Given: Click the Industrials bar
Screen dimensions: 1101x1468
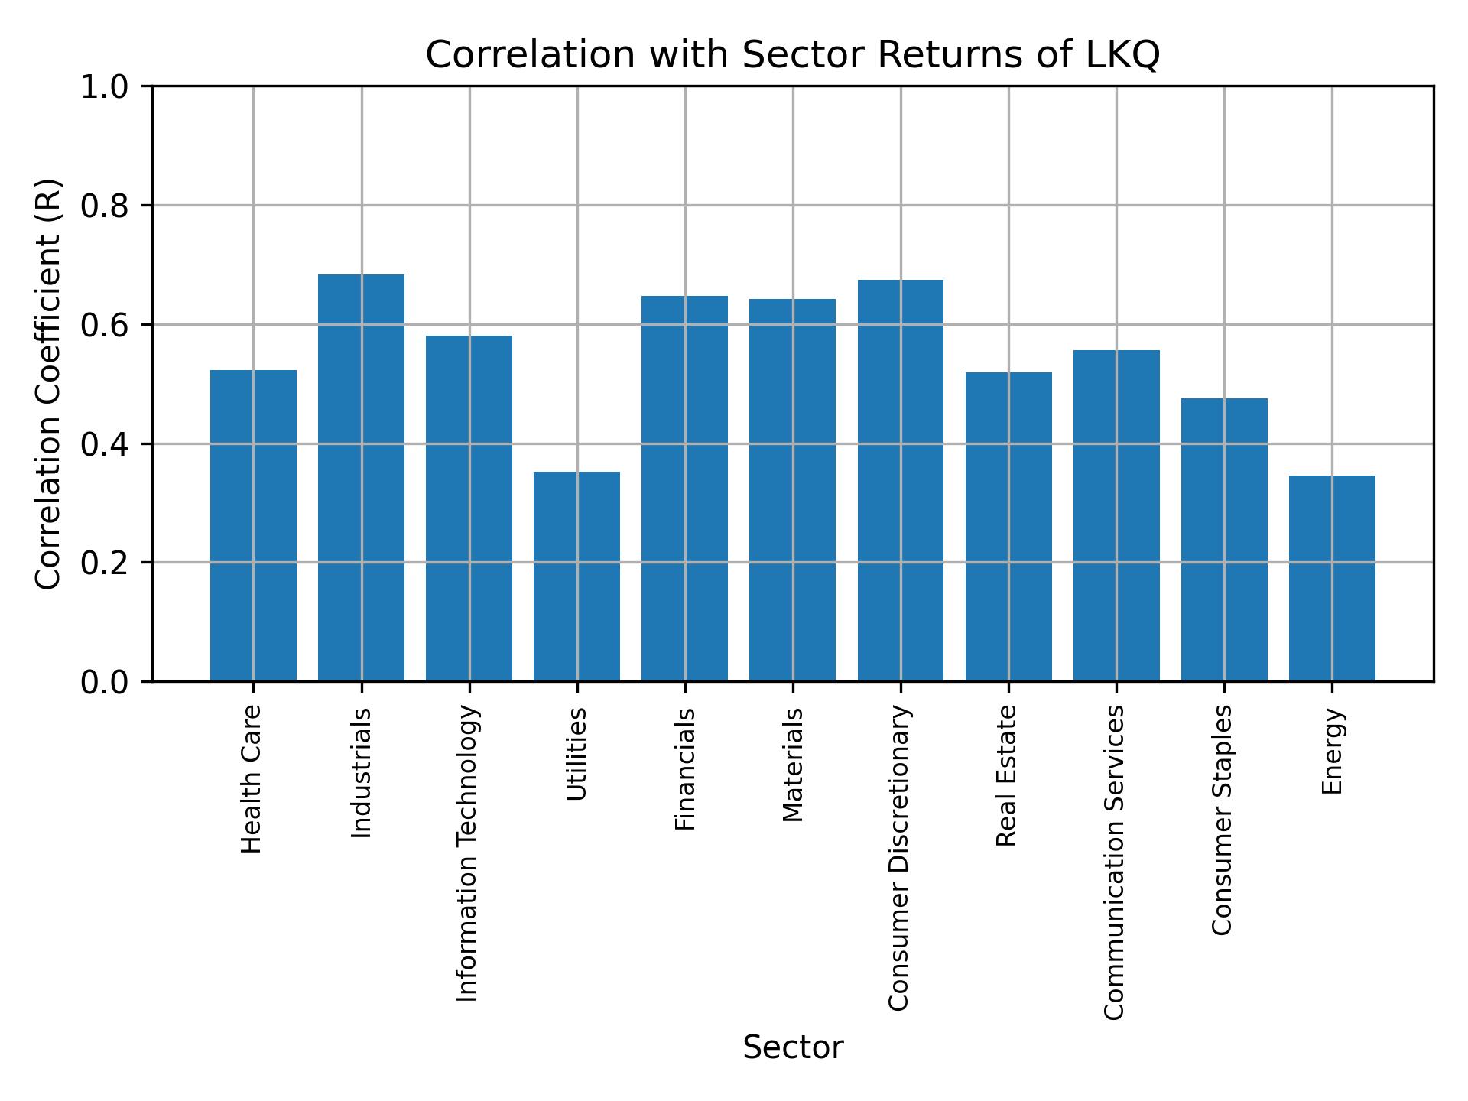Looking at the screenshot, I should (361, 478).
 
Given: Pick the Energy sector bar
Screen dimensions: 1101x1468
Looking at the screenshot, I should (1332, 578).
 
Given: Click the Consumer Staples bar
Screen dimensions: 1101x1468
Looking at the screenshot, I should (1224, 539).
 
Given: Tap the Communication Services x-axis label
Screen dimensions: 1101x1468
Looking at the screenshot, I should (1115, 862).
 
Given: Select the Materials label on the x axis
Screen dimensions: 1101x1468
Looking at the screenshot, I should (793, 765).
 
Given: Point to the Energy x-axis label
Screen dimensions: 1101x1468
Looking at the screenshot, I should (1332, 751).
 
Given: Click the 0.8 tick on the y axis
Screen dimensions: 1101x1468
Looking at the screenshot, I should (105, 206).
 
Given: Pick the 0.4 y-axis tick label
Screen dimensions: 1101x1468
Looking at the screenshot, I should (105, 444).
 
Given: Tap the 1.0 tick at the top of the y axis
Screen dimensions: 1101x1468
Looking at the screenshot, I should (105, 87).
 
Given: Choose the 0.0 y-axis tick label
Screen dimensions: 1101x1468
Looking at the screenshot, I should (105, 682).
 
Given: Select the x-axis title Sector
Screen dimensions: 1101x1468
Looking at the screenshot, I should (793, 1047).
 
